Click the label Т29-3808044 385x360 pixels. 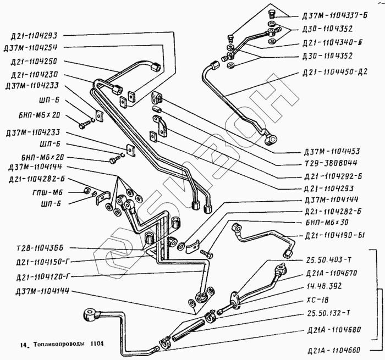point(328,163)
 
